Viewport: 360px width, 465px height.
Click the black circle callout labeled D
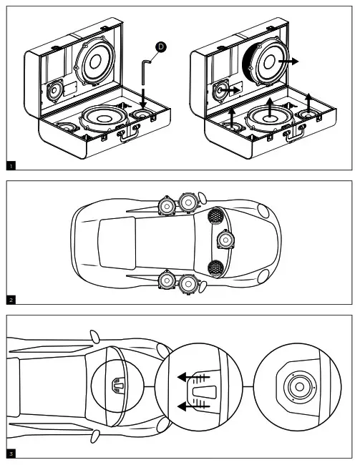click(161, 46)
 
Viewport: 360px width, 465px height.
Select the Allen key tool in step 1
click(144, 72)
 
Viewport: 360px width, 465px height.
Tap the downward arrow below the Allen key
click(143, 98)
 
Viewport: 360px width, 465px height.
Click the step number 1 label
click(11, 166)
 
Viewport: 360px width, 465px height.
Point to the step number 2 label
click(11, 300)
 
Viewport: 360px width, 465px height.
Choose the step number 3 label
click(11, 454)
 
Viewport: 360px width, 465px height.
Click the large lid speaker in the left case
click(95, 62)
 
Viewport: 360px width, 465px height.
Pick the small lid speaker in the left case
click(54, 90)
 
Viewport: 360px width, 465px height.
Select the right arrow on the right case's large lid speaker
click(288, 62)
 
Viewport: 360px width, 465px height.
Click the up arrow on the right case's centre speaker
click(270, 107)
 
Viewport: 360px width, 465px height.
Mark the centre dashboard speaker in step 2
click(225, 240)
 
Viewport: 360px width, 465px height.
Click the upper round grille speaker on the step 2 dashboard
click(215, 215)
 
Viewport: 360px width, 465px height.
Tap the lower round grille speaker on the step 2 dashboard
click(215, 268)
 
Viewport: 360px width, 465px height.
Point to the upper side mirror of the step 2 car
click(203, 197)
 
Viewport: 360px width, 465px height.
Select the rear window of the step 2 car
click(117, 243)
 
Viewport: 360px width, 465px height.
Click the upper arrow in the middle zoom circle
click(193, 378)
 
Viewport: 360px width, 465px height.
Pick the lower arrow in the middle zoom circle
click(193, 406)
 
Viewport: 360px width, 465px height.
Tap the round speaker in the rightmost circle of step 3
click(299, 387)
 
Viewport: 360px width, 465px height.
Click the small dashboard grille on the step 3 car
click(118, 385)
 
